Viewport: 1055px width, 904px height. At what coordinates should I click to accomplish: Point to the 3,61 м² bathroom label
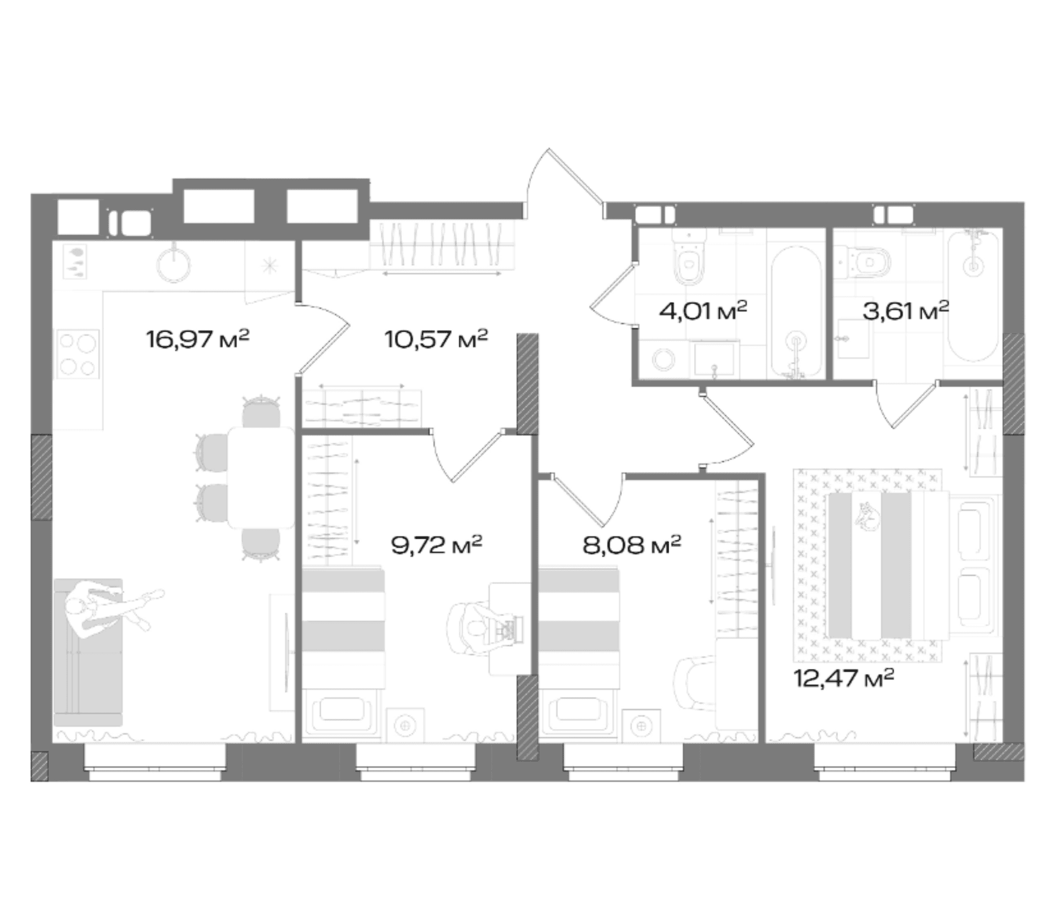click(x=906, y=311)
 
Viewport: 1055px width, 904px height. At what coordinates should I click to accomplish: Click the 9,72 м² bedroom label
click(x=436, y=545)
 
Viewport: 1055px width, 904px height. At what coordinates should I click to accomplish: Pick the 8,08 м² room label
click(x=631, y=545)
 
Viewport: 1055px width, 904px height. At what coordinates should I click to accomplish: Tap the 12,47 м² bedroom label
click(x=843, y=678)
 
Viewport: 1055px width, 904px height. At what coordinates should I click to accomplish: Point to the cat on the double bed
click(x=868, y=516)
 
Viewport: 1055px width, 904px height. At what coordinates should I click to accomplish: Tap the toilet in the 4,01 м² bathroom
click(x=690, y=258)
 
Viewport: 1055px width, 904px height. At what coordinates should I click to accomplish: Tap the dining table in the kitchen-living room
click(x=261, y=477)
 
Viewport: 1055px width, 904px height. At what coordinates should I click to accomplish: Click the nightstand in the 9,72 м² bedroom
click(x=406, y=726)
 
